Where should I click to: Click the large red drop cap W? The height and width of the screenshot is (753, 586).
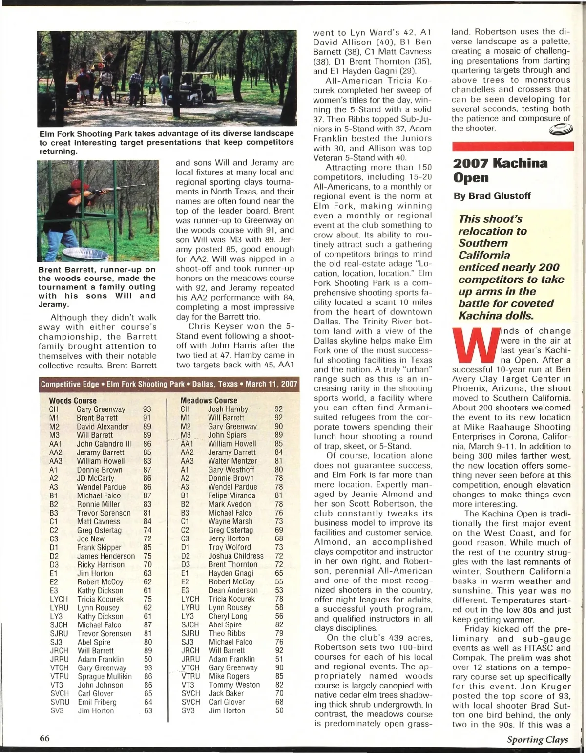[x=475, y=348]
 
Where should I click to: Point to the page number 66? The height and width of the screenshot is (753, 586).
[x=45, y=738]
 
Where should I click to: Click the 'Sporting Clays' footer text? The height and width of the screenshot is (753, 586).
[x=537, y=739]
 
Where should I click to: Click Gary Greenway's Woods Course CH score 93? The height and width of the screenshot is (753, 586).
[x=147, y=409]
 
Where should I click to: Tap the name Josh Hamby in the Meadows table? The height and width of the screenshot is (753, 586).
[x=228, y=409]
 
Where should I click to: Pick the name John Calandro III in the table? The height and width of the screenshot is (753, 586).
[x=104, y=444]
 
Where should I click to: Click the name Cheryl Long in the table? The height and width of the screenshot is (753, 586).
[x=228, y=616]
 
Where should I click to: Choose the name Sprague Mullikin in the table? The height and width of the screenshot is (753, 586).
[x=105, y=676]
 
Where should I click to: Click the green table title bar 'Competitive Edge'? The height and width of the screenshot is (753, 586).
[x=169, y=384]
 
